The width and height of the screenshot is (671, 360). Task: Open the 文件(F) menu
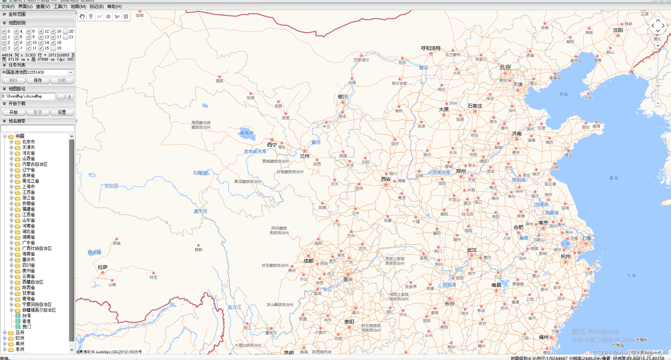click(8, 7)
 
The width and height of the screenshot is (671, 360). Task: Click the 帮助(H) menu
click(114, 7)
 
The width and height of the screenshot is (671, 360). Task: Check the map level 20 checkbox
click(66, 31)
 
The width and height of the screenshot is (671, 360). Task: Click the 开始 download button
click(13, 112)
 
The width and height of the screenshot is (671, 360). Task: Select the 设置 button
click(62, 112)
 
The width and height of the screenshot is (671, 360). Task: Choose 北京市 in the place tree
click(28, 142)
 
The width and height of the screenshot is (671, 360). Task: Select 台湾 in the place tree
click(26, 316)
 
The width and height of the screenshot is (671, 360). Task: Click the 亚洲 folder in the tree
click(20, 333)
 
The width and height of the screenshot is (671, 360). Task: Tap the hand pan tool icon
click(82, 16)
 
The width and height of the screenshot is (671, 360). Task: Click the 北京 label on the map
click(505, 67)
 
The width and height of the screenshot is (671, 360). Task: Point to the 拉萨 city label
click(102, 267)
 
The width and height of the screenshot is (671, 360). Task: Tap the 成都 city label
click(308, 261)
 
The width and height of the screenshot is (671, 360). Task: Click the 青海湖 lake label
click(246, 133)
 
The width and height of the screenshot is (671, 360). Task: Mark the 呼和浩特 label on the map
click(431, 48)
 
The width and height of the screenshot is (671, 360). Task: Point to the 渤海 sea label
click(563, 95)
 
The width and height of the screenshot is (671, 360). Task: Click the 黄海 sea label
click(613, 178)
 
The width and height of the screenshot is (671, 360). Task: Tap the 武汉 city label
click(472, 250)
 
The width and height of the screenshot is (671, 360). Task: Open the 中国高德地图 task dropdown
click(71, 73)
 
